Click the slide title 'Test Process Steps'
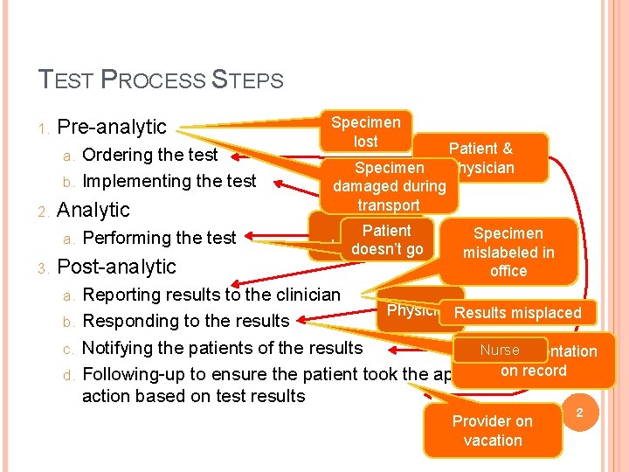162,80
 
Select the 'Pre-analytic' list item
111,127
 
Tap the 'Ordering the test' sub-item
149,155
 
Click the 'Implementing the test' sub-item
169,181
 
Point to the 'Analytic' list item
93,210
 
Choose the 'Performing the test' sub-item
159,238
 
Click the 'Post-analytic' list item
116,267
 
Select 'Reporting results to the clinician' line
211,294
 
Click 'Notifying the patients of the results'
222,348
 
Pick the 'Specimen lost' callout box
365,131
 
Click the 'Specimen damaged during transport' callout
389,186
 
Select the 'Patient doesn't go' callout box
387,240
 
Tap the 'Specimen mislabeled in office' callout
508,252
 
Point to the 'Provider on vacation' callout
493,430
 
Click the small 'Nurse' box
500,350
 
